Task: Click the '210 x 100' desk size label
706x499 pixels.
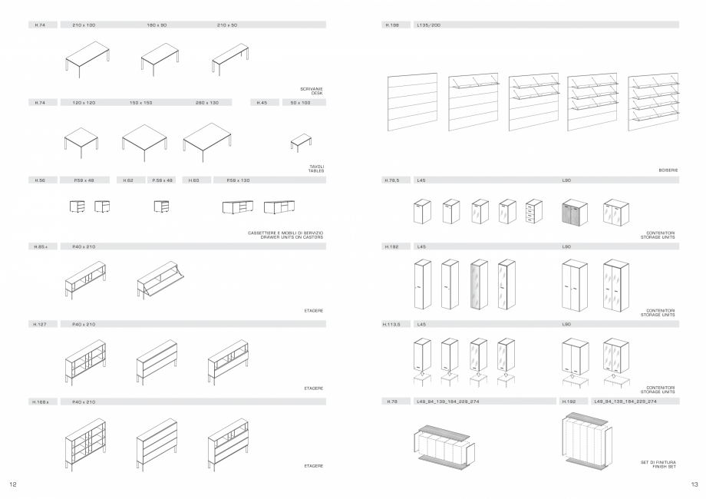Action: [84, 25]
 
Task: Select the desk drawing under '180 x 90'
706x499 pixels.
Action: [160, 60]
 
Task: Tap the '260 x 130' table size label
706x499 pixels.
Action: [206, 102]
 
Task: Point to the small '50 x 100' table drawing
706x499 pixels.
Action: [300, 143]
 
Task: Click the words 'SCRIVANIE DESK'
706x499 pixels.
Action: [312, 91]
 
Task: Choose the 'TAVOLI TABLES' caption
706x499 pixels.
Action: [316, 168]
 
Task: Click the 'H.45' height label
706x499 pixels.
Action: [262, 102]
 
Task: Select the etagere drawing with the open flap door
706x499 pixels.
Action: [162, 278]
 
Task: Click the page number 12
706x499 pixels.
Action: [12, 484]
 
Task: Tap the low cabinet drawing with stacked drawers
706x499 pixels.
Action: [534, 212]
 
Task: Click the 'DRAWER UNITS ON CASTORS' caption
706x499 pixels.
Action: [292, 237]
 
